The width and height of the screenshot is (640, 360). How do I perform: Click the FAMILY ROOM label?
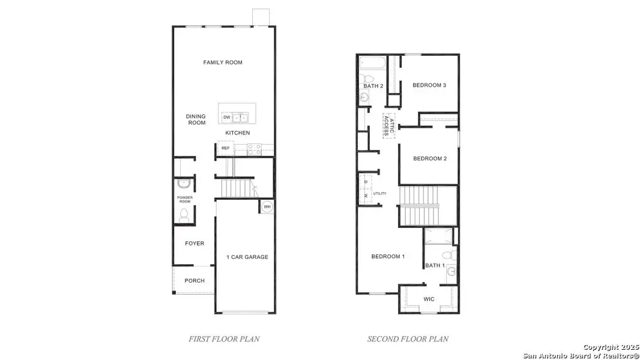(223, 62)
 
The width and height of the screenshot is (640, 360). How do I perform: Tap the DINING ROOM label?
(196, 119)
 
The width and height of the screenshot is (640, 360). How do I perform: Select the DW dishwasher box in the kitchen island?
(227, 117)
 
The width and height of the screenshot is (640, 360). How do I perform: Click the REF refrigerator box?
(226, 148)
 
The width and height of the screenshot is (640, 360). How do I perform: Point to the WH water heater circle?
(268, 206)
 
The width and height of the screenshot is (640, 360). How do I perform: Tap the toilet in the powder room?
(185, 214)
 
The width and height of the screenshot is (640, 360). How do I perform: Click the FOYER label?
(195, 244)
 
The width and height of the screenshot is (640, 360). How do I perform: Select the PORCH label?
(195, 281)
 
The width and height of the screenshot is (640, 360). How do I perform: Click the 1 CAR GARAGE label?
(247, 257)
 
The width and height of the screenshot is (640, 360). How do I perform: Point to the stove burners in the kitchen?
(253, 149)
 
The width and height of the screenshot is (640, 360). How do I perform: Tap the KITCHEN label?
(238, 133)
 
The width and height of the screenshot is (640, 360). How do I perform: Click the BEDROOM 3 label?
(429, 85)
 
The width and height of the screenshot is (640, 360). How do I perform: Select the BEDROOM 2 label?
(430, 159)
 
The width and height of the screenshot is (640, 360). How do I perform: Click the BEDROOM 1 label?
(388, 257)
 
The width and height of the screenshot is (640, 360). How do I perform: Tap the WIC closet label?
(429, 299)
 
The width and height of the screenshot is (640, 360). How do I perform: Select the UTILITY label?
(379, 193)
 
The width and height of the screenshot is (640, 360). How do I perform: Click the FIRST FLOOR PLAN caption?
(224, 339)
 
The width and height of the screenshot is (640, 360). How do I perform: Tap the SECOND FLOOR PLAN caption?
(408, 339)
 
